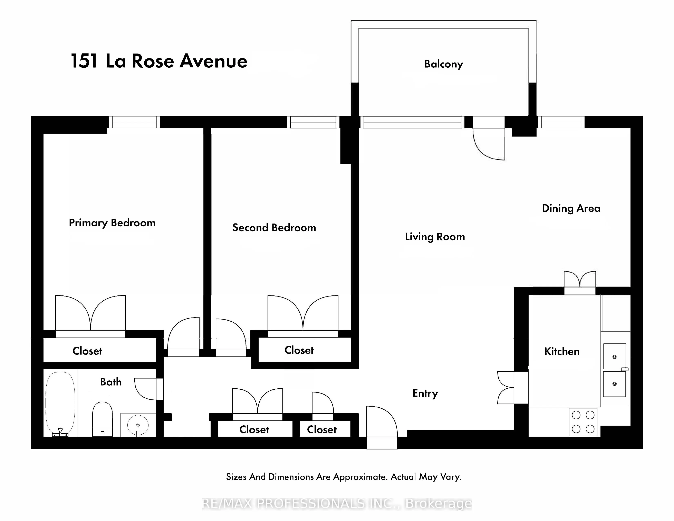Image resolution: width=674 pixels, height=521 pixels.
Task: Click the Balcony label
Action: (x=443, y=64)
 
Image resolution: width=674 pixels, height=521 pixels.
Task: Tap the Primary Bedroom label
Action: (x=112, y=223)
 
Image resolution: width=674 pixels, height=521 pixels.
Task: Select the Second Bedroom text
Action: (x=274, y=228)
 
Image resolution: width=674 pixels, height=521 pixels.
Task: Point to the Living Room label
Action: (x=435, y=237)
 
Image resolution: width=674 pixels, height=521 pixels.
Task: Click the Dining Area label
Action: (x=571, y=208)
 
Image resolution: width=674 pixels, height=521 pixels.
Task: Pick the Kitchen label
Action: (x=562, y=352)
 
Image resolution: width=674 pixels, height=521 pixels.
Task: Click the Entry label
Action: (x=425, y=393)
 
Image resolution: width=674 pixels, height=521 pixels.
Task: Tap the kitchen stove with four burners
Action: (x=583, y=422)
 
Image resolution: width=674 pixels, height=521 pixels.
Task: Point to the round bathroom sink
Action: (x=138, y=425)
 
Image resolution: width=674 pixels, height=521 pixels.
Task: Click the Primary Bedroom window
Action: (x=134, y=122)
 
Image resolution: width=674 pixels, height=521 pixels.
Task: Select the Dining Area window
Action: (x=561, y=122)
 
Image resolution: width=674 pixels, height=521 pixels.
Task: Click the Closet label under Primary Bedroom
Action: (x=87, y=351)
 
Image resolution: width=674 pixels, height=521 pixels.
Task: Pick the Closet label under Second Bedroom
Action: (x=299, y=350)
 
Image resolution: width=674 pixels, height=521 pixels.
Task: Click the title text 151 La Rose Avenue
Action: (x=159, y=61)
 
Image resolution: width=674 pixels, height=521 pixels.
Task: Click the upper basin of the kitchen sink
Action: (x=614, y=357)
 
